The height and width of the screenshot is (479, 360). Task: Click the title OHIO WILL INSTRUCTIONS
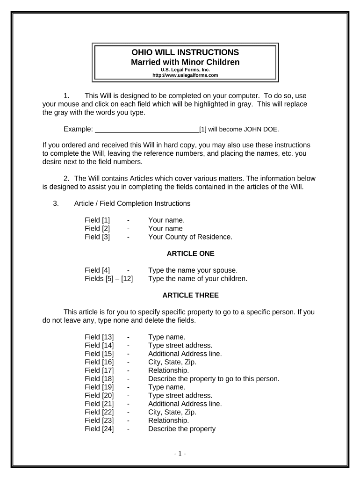click(x=186, y=52)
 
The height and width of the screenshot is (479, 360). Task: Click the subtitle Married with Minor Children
click(x=186, y=62)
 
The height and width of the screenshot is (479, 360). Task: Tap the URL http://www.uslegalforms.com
click(x=186, y=75)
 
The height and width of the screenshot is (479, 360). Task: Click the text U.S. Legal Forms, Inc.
click(x=186, y=69)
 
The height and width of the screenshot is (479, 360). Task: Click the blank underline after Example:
click(x=147, y=129)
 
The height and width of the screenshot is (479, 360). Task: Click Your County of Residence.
click(x=190, y=237)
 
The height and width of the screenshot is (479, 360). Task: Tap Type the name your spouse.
click(x=193, y=270)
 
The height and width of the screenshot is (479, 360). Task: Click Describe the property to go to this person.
click(x=214, y=379)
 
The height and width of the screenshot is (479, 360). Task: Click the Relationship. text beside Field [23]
click(x=168, y=421)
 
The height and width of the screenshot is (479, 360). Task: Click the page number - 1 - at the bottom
click(x=180, y=453)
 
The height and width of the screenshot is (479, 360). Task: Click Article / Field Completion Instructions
click(x=132, y=203)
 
